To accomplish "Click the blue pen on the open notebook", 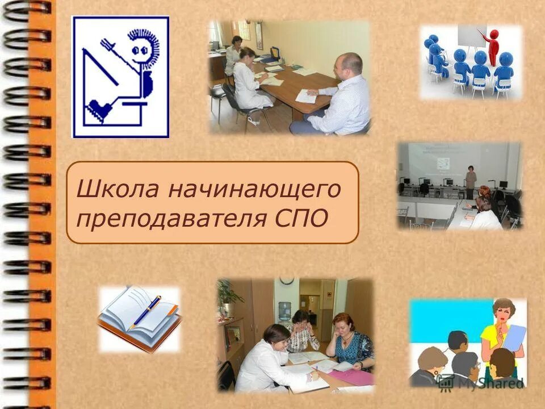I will (x=146, y=311).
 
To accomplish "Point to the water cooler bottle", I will (x=284, y=310).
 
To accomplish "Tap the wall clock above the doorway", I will (x=287, y=281).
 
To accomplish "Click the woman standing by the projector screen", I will (x=471, y=181).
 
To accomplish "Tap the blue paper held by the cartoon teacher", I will (x=514, y=337).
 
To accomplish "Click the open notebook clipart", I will (x=140, y=318).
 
